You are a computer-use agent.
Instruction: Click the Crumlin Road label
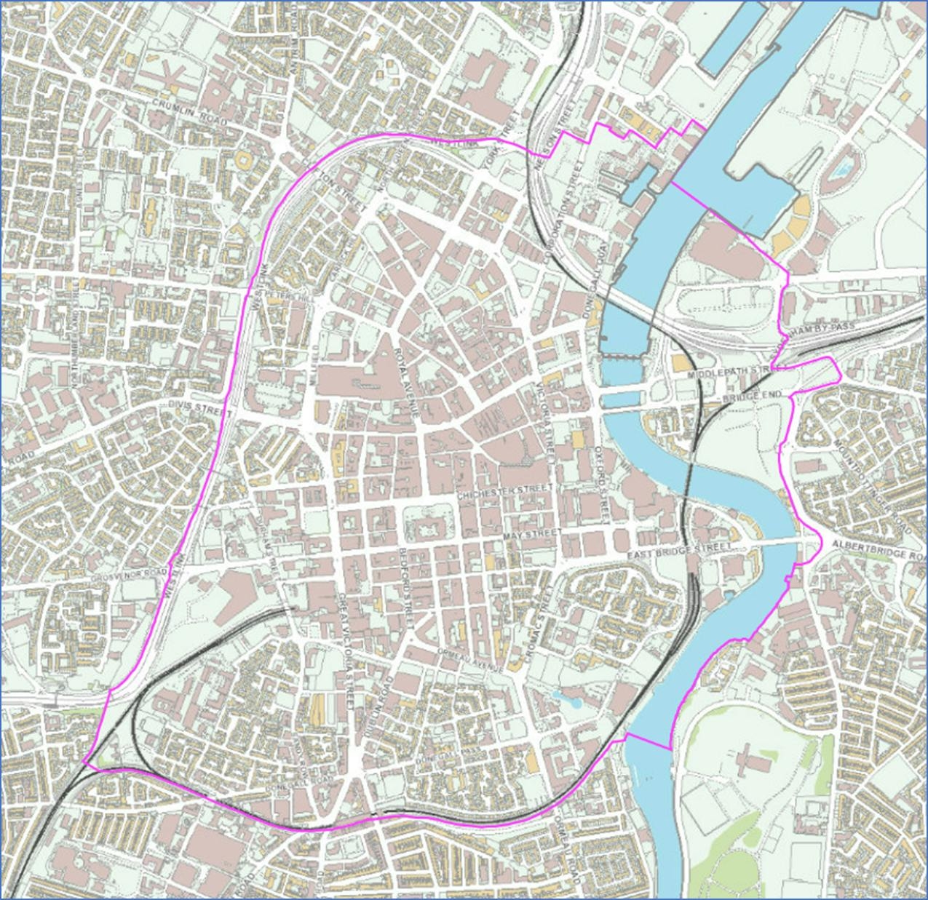point(190,113)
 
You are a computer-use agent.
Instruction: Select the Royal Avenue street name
point(406,381)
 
